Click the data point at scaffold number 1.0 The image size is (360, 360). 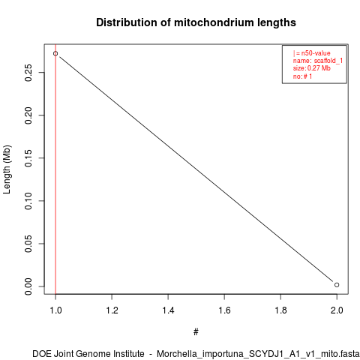(55, 53)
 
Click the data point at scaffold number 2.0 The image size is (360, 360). (337, 285)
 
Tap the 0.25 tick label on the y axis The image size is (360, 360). (28, 73)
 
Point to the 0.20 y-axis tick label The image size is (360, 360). (28, 115)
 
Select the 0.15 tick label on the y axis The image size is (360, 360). (28, 158)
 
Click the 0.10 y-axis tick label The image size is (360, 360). (28, 201)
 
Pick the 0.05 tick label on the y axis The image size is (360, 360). (28, 244)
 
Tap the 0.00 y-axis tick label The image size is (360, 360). (28, 286)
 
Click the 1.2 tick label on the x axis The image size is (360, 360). (112, 310)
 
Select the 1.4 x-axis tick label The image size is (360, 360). (168, 310)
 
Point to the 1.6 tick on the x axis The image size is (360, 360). (224, 310)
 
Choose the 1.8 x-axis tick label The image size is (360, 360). (280, 310)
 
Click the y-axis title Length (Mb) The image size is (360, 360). (7, 169)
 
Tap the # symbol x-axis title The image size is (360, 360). (196, 331)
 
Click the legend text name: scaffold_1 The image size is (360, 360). (318, 61)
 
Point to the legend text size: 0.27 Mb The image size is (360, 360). (312, 68)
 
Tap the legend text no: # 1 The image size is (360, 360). (302, 76)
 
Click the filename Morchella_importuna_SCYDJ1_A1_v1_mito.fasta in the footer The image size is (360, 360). (258, 354)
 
